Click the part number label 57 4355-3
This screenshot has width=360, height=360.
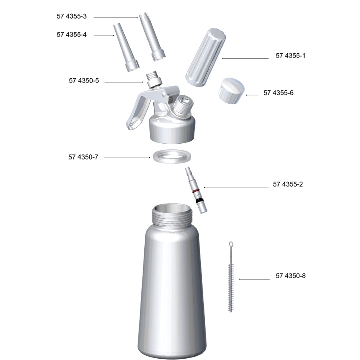coord(72,17)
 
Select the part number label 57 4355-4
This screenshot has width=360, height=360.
coord(72,35)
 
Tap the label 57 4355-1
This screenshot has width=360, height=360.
coord(291,56)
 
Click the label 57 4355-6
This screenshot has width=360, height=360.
coord(278,93)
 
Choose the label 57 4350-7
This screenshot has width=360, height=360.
coord(83,157)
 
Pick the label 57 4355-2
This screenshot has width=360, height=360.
coord(288,184)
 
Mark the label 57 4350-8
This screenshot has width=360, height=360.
coord(291,276)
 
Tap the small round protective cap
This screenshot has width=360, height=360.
coord(231,91)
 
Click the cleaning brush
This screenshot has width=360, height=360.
coord(231,281)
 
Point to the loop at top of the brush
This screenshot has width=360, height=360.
coord(230,246)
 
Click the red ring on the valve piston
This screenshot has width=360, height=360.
coord(196,190)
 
